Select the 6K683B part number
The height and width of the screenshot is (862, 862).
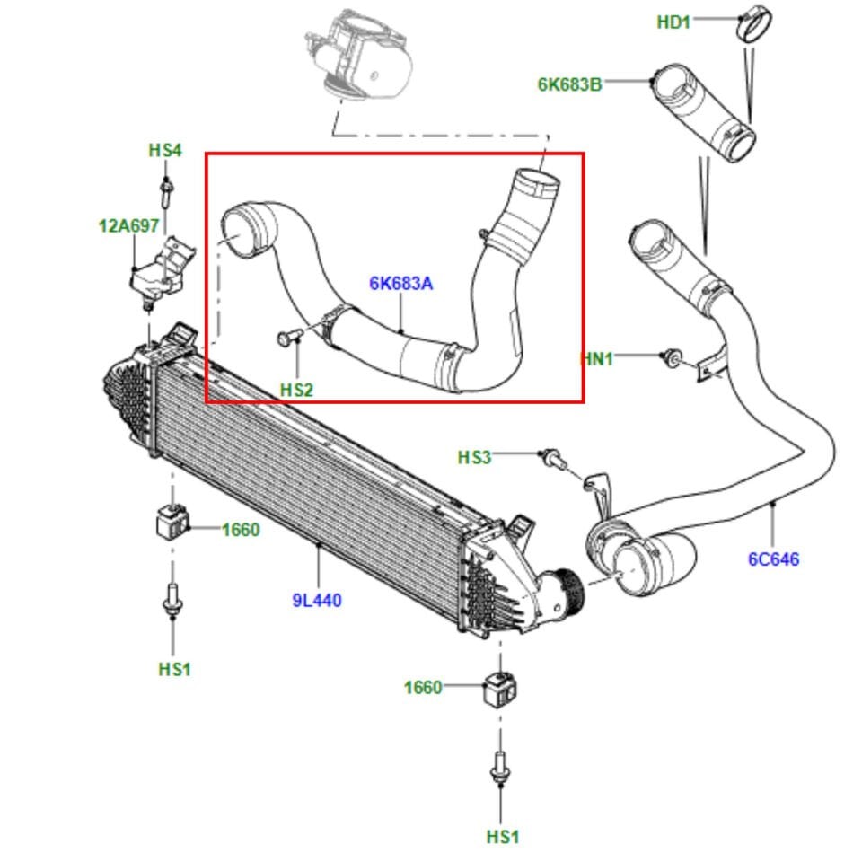(x=569, y=84)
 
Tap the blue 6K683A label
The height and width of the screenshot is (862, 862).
(x=400, y=284)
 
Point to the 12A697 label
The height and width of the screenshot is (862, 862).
(x=128, y=226)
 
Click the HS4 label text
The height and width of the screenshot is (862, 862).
(x=165, y=150)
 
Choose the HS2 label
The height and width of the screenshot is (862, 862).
(x=296, y=390)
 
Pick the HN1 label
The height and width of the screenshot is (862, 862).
(x=598, y=359)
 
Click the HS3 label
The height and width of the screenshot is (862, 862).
(x=475, y=457)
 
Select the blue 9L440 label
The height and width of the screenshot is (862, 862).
(x=317, y=600)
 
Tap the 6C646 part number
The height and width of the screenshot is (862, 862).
(x=773, y=559)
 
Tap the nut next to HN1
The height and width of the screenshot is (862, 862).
(x=670, y=357)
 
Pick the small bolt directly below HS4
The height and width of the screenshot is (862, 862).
(x=166, y=191)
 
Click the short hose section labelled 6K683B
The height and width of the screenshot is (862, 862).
(x=702, y=113)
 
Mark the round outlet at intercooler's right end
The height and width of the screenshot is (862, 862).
(x=566, y=593)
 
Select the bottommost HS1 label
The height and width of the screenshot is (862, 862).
(x=503, y=837)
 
